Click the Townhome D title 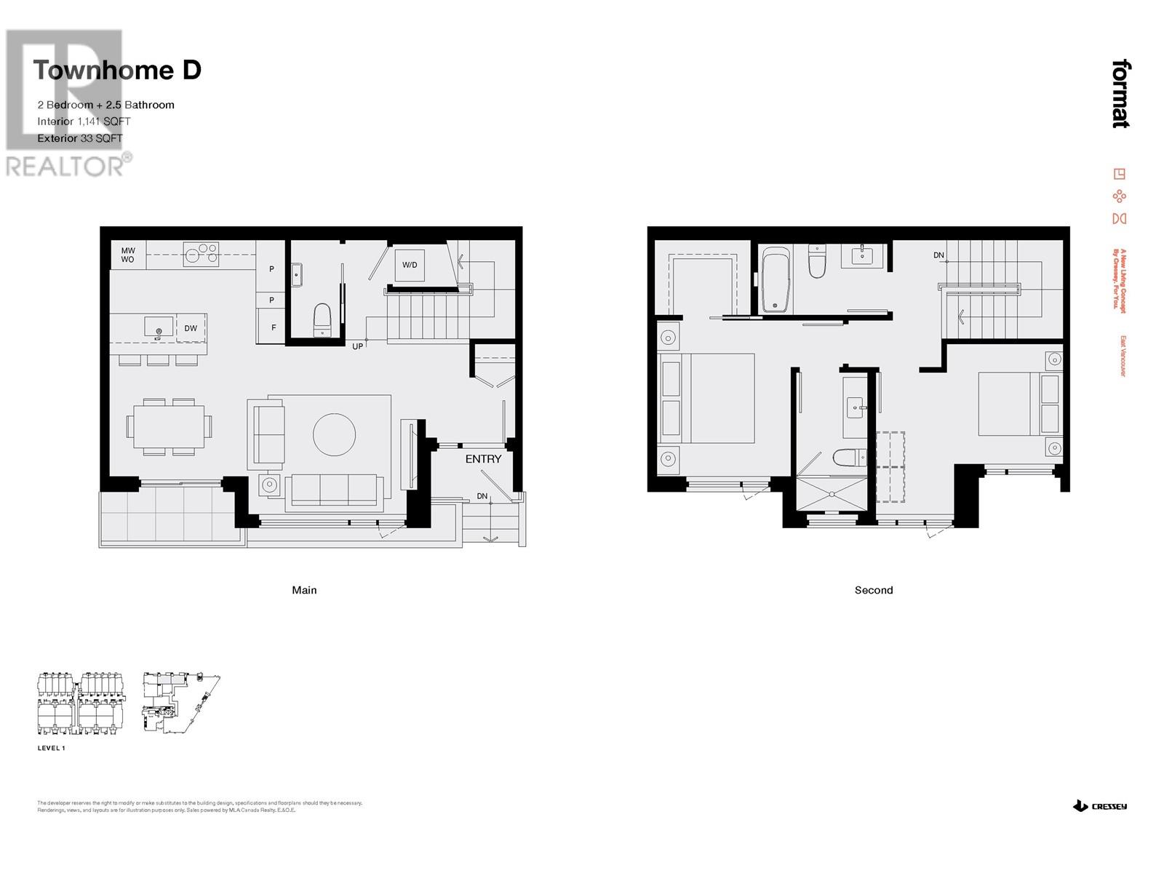pyautogui.click(x=116, y=71)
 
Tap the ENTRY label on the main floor pyautogui.click(x=483, y=459)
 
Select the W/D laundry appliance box pyautogui.click(x=410, y=265)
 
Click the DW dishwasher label pyautogui.click(x=191, y=328)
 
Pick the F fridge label pyautogui.click(x=274, y=328)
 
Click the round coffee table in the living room pyautogui.click(x=335, y=434)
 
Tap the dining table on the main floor pyautogui.click(x=169, y=426)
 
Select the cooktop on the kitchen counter pyautogui.click(x=202, y=253)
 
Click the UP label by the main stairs pyautogui.click(x=357, y=346)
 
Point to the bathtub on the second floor pyautogui.click(x=776, y=280)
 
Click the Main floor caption pyautogui.click(x=304, y=590)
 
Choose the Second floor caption pyautogui.click(x=873, y=590)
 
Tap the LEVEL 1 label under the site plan pyautogui.click(x=52, y=748)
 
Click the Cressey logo pyautogui.click(x=1100, y=806)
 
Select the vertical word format pyautogui.click(x=1121, y=94)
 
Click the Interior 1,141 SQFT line pyautogui.click(x=84, y=121)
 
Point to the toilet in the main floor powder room pyautogui.click(x=322, y=320)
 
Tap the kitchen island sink pyautogui.click(x=159, y=327)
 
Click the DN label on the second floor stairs pyautogui.click(x=938, y=255)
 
